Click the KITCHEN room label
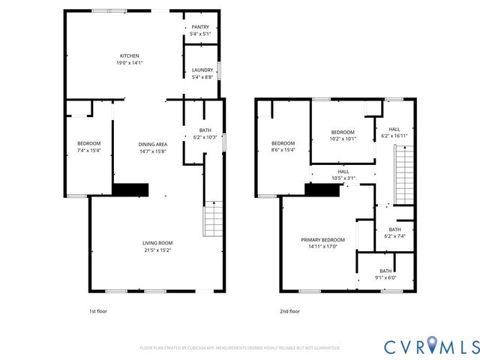pos(130,55)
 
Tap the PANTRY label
pos(200,27)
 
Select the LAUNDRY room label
pos(200,70)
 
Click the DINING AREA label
pos(152,144)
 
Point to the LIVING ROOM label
pos(157,242)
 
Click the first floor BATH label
pos(205,130)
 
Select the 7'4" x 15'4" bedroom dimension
pos(88,151)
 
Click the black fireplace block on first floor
pos(131,190)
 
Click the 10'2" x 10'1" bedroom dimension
pos(343,138)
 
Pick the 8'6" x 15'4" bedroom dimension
pos(283,151)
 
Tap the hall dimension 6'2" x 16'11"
pos(394,136)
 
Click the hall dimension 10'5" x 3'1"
pos(343,178)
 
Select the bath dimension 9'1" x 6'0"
pos(385,277)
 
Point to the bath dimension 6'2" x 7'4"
pos(394,236)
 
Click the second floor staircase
pos(403,174)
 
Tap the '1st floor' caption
pos(97,311)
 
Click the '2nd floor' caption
pos(289,311)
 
